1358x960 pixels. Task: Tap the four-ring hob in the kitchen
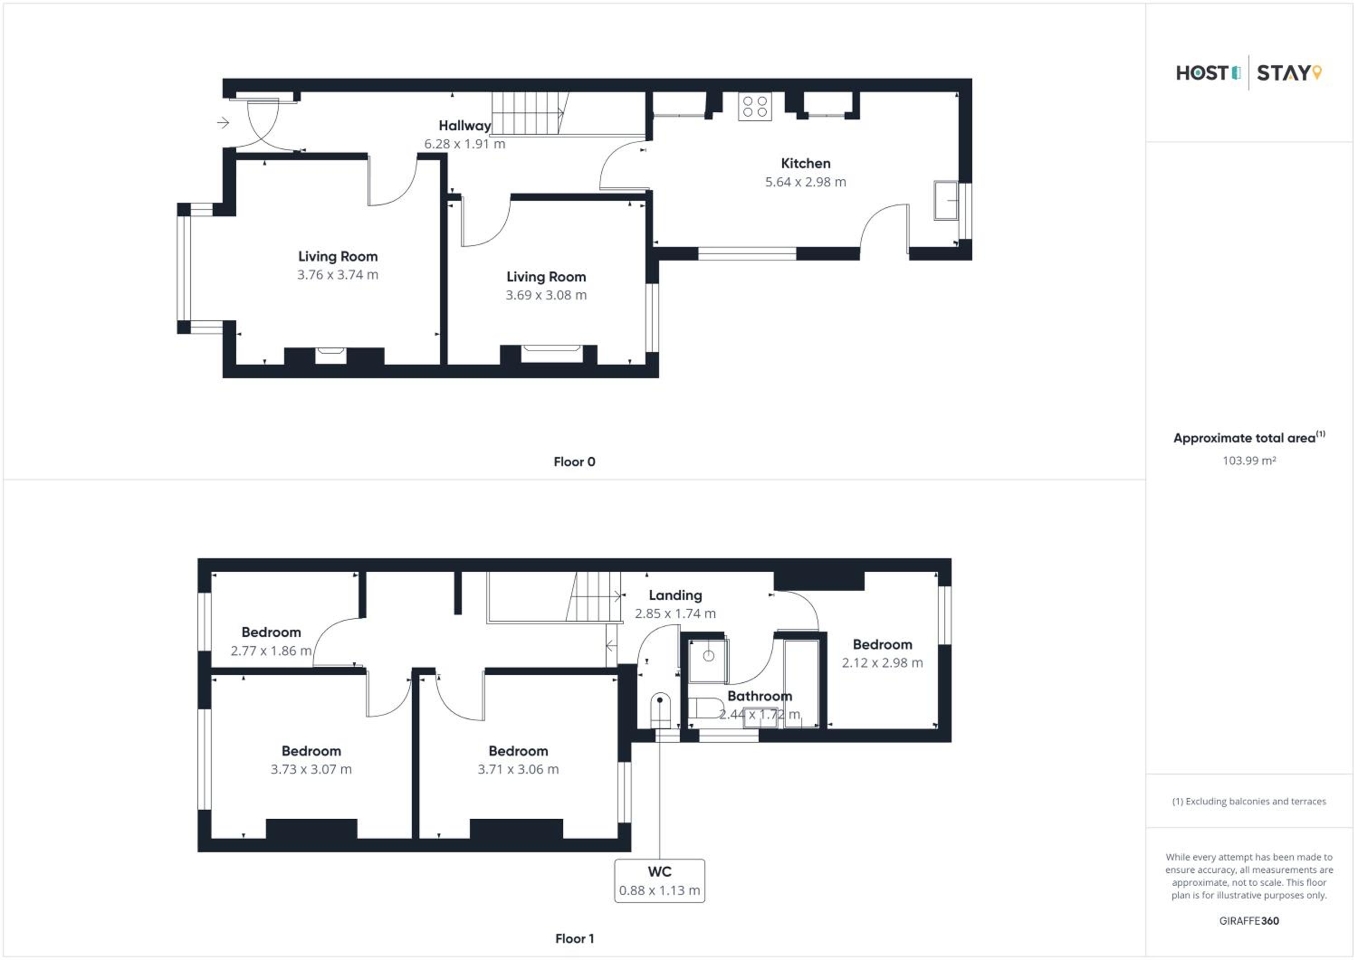click(x=755, y=106)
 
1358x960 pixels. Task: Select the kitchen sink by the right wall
click(x=946, y=200)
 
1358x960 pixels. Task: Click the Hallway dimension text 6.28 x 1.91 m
click(x=465, y=144)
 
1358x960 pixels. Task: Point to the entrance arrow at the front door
click(x=223, y=122)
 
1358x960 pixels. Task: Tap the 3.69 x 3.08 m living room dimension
click(x=546, y=295)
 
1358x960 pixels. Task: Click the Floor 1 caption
click(x=574, y=939)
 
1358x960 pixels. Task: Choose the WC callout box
click(x=660, y=881)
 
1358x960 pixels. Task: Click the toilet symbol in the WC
click(x=660, y=711)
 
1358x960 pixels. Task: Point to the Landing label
click(x=675, y=595)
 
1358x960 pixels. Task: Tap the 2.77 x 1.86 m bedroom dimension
click(x=271, y=651)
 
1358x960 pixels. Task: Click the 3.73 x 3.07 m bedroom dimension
click(x=311, y=769)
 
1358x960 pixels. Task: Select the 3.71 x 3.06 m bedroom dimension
click(x=518, y=769)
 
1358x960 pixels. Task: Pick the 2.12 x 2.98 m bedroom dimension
click(x=882, y=663)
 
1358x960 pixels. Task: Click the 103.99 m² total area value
click(x=1249, y=461)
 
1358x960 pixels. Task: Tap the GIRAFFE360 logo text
click(x=1249, y=921)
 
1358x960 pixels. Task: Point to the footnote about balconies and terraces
click(x=1249, y=801)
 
